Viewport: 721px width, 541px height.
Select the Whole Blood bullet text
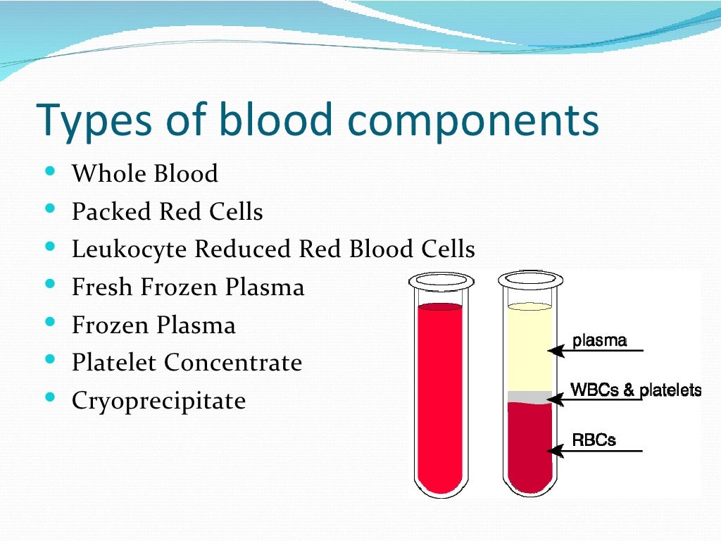click(x=145, y=174)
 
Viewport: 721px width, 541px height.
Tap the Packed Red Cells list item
click(x=168, y=212)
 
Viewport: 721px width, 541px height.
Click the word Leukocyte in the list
click(x=130, y=249)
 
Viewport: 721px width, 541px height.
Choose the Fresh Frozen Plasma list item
click(x=188, y=287)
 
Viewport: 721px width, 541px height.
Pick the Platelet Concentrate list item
click(x=187, y=363)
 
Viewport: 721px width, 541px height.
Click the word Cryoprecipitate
click(x=159, y=401)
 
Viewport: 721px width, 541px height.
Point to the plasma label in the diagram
click(x=599, y=342)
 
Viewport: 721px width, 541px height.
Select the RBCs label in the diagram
click(x=594, y=440)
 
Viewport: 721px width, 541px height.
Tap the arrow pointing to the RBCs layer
click(x=563, y=450)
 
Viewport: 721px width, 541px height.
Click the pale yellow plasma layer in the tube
click(x=529, y=349)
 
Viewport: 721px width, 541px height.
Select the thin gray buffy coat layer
click(x=529, y=396)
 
